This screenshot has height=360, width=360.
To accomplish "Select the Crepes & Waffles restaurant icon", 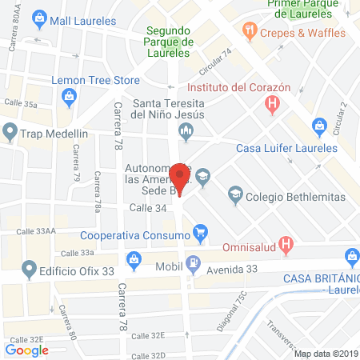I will tap(250, 32).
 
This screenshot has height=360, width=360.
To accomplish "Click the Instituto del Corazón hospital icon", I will tap(274, 103).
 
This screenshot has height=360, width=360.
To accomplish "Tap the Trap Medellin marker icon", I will tap(10, 131).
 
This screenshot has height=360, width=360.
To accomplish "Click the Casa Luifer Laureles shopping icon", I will tap(319, 125).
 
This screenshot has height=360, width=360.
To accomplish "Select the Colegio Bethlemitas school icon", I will tap(234, 192).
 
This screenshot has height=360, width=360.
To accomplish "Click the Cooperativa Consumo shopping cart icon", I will tap(201, 234).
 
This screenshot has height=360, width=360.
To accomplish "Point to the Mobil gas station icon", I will tap(192, 264).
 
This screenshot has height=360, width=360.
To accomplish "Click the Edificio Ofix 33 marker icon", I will tap(30, 269).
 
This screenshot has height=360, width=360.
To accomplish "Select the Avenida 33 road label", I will tap(232, 269).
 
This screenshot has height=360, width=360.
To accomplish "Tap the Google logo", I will tap(27, 350).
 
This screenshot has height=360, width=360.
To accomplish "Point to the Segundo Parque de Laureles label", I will tap(167, 42).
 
